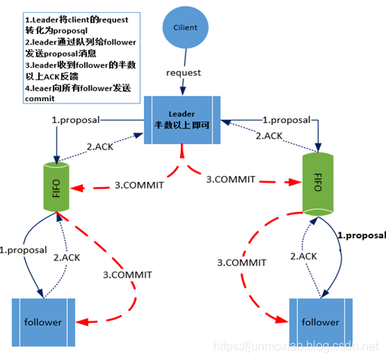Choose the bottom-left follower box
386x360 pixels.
42,322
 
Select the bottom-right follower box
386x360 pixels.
320,322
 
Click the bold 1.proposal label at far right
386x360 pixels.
361,235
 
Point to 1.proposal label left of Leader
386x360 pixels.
75,120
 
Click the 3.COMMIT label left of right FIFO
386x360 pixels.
231,179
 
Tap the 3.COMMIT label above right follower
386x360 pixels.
241,263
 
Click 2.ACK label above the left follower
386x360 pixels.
66,257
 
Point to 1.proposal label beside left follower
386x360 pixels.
23,249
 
